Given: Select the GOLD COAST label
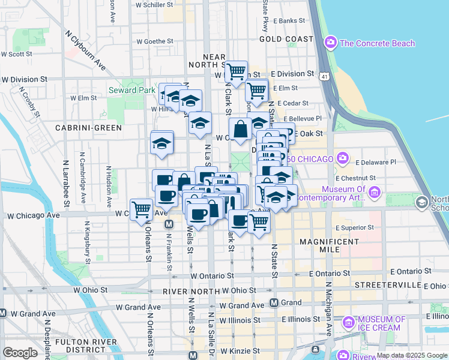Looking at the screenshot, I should (x=286, y=39).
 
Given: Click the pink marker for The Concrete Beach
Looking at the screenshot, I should (x=330, y=43).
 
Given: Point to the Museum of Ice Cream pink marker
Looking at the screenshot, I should (x=349, y=323).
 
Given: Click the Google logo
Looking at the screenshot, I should (x=20, y=353).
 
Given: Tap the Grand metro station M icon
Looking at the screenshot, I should (x=274, y=303).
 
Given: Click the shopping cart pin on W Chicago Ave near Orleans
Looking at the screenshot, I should (x=141, y=209).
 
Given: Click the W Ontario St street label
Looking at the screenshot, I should (x=212, y=275).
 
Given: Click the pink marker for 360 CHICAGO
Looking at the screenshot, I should (x=342, y=158).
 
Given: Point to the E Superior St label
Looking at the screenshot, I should (x=355, y=228).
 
